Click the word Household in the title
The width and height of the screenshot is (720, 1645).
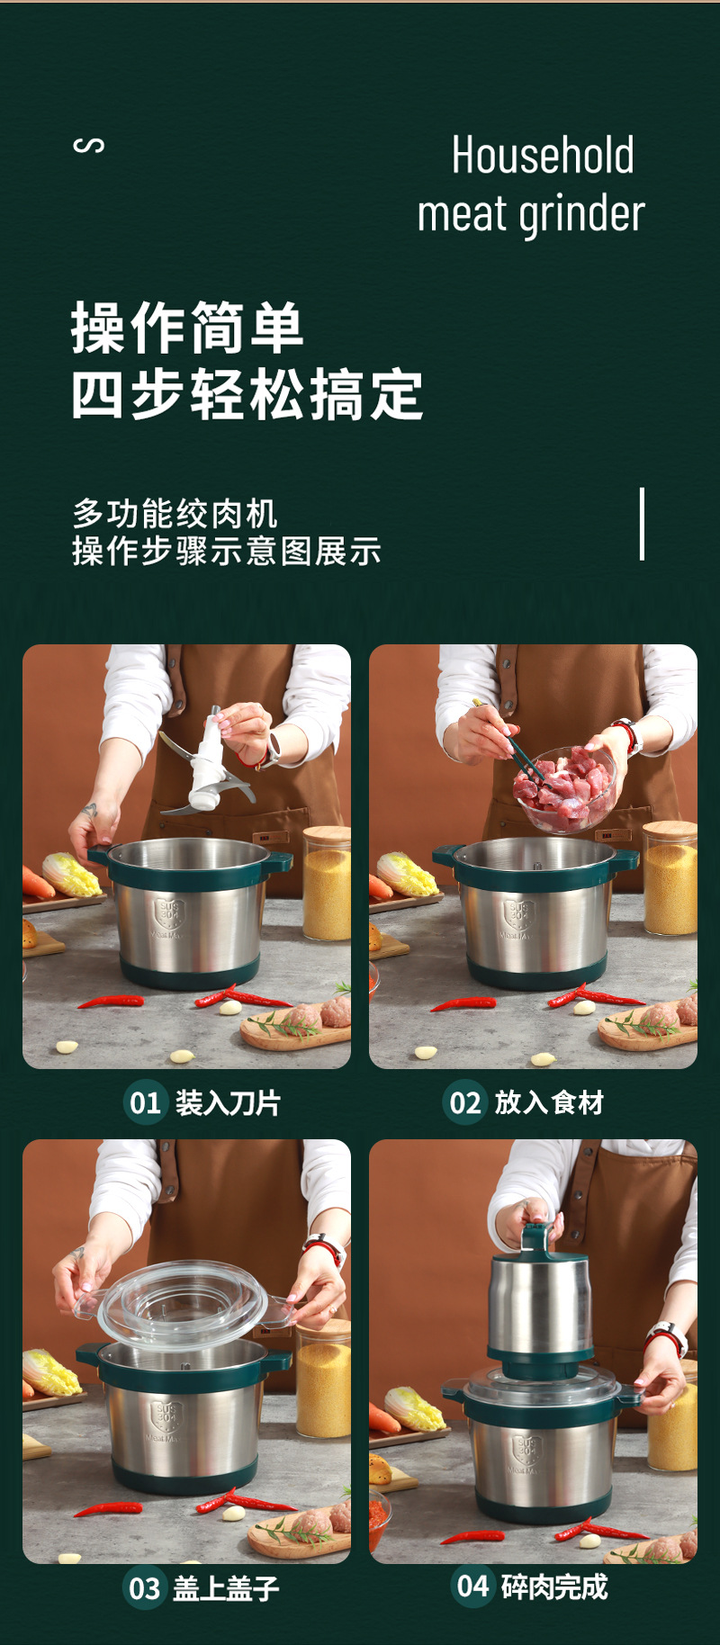(x=543, y=156)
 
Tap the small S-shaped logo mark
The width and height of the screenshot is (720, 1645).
(x=88, y=145)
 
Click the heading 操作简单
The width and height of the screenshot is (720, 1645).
(x=187, y=328)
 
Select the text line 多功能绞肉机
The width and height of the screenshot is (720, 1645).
(x=175, y=514)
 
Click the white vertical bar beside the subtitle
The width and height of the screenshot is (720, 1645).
(x=642, y=524)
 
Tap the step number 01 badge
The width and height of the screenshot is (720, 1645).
(x=145, y=1102)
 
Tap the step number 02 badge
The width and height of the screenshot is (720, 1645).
(x=464, y=1102)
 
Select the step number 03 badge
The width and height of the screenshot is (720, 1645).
(x=144, y=1588)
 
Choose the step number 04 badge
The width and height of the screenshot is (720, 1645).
(x=472, y=1585)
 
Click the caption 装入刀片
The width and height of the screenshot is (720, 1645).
(x=228, y=1102)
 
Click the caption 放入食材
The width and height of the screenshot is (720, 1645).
(x=548, y=1102)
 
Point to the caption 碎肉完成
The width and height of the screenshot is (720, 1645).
(x=553, y=1587)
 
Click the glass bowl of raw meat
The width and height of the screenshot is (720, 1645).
(x=565, y=788)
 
